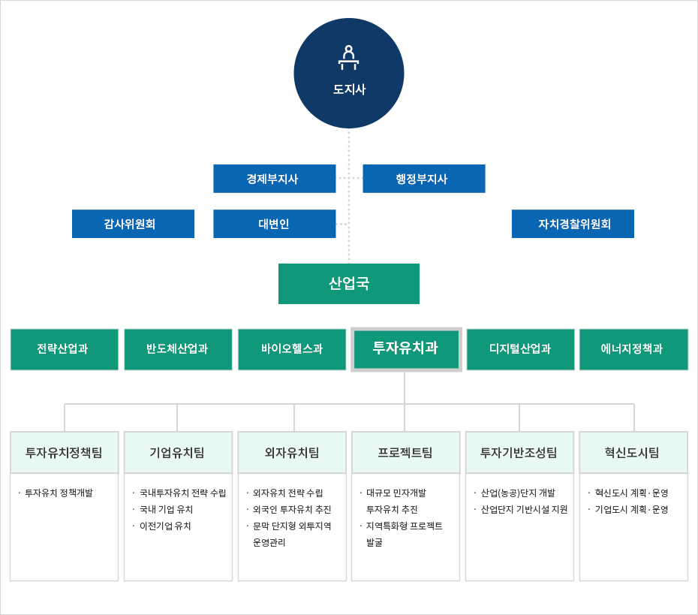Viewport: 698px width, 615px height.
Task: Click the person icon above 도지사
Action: (x=348, y=58)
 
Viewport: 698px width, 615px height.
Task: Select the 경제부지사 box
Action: (x=274, y=179)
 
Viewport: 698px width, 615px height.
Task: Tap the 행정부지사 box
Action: (x=423, y=179)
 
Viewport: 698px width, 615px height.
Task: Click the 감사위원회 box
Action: (x=133, y=224)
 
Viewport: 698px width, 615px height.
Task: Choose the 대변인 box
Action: (x=274, y=224)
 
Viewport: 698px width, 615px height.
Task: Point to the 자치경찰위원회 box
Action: (x=573, y=224)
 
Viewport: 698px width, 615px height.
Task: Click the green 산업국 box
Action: (x=348, y=284)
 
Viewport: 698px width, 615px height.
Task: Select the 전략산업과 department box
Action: (x=64, y=349)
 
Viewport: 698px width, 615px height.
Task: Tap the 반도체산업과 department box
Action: (x=178, y=349)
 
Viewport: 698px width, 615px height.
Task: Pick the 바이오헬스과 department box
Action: (x=292, y=349)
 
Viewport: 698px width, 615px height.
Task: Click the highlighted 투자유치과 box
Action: (x=406, y=349)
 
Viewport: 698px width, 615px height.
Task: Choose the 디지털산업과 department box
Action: (x=520, y=349)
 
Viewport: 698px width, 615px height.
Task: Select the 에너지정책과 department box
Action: (x=633, y=349)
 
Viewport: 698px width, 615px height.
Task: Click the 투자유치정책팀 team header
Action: (x=64, y=453)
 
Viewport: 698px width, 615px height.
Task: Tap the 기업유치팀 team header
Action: (x=178, y=453)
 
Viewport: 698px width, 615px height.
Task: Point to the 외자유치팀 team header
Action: (x=292, y=453)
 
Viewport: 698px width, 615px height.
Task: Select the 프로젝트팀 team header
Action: (x=405, y=453)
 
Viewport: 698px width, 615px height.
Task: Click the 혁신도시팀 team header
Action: (x=633, y=453)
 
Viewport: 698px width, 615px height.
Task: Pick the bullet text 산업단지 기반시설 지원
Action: (x=524, y=510)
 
